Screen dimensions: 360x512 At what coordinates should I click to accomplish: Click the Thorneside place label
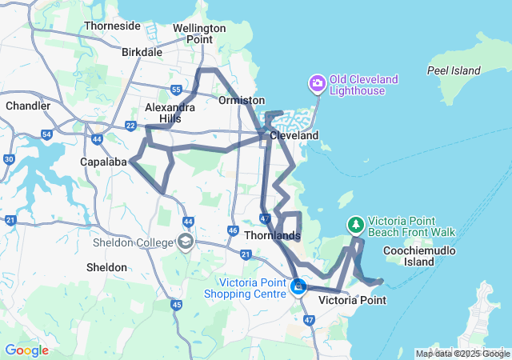[112, 26]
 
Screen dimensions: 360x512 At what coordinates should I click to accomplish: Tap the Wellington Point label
[199, 34]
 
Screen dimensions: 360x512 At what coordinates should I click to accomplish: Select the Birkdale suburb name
[142, 52]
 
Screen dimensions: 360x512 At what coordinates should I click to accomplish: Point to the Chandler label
[28, 106]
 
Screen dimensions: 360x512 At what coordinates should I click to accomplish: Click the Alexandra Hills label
[169, 113]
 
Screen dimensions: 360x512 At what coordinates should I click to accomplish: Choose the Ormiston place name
[242, 100]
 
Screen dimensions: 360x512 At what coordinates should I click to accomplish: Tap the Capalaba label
[104, 162]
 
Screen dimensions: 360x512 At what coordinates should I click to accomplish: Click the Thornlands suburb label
[272, 236]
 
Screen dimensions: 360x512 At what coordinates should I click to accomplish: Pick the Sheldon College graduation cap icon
[186, 242]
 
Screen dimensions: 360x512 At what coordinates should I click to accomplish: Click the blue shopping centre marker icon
[298, 285]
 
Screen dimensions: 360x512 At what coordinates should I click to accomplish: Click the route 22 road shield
[130, 125]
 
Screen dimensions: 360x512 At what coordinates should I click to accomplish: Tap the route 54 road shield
[46, 134]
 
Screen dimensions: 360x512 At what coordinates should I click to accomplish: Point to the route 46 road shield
[232, 230]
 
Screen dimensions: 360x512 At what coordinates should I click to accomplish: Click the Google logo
[26, 350]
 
